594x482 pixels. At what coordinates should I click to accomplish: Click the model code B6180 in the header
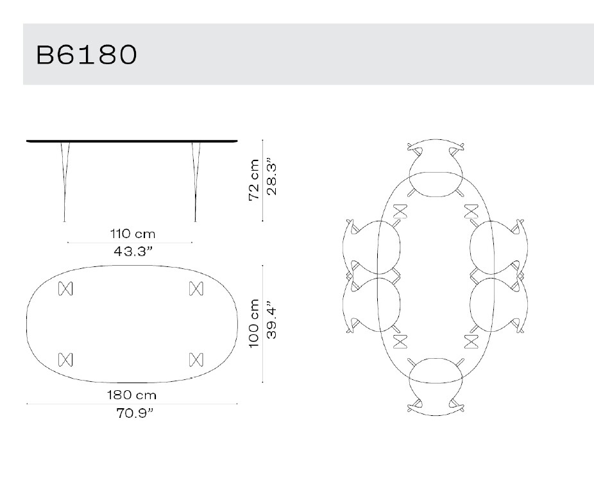[87, 55]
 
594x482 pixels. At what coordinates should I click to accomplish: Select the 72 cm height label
[255, 180]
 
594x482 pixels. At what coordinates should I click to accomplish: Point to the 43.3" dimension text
[134, 251]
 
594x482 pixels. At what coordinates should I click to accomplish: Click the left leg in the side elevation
[64, 180]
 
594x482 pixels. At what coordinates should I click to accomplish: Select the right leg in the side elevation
[195, 180]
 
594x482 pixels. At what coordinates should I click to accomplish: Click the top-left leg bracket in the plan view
[65, 289]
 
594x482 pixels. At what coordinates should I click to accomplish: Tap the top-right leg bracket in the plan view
[196, 289]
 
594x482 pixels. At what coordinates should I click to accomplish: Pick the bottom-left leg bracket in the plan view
[65, 359]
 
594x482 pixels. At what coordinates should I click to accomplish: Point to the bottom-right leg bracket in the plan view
[196, 359]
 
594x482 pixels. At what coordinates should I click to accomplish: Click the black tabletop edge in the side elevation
[132, 141]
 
